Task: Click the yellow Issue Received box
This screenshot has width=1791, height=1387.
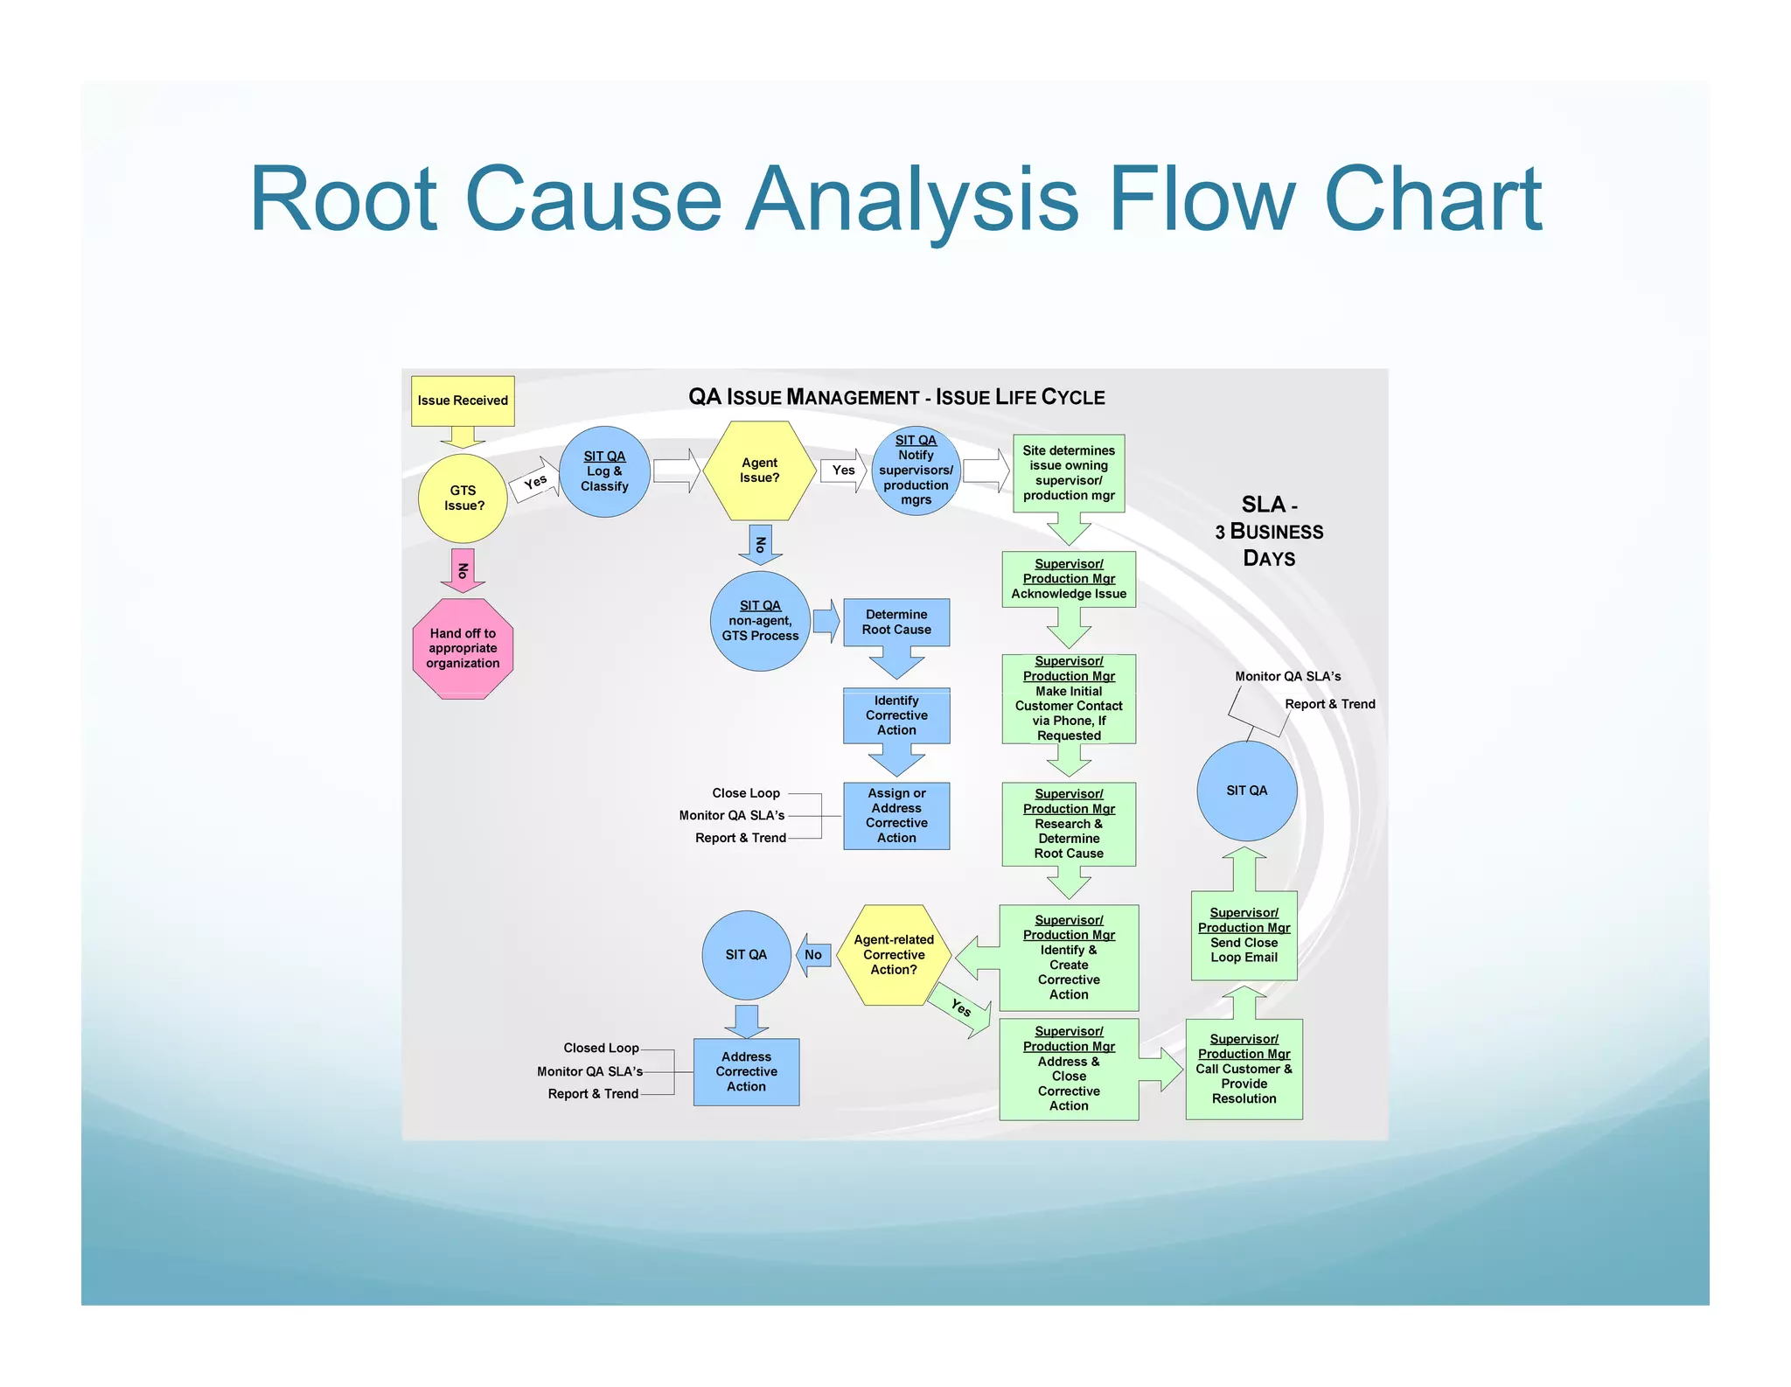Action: click(463, 401)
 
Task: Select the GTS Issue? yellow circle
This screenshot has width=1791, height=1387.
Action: click(463, 498)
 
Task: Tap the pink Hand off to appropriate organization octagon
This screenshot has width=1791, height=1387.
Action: click(463, 648)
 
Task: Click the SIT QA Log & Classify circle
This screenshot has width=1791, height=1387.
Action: click(604, 471)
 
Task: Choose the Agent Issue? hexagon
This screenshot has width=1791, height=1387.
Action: click(759, 470)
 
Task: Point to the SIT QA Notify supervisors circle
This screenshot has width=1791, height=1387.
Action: click(916, 470)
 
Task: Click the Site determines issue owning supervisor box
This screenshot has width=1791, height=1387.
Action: click(1069, 473)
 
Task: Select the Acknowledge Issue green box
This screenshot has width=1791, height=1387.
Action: click(1069, 579)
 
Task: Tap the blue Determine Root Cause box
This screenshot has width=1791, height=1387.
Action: click(896, 622)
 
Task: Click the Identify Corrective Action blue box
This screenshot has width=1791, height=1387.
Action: click(896, 715)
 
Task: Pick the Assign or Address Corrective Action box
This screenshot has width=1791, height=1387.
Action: click(896, 815)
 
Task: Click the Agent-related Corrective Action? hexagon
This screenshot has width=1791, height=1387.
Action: click(894, 955)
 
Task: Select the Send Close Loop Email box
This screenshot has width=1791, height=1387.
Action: click(1244, 936)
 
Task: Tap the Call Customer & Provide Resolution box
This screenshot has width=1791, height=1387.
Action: click(1244, 1069)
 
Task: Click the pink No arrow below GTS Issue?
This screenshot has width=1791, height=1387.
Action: click(463, 570)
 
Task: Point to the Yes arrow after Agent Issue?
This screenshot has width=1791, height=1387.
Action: click(843, 470)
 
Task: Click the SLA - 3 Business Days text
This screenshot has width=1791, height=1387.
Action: click(1269, 531)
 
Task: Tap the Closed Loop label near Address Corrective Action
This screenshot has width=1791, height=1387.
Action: click(601, 1048)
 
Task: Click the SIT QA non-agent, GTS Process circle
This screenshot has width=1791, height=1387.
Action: click(760, 621)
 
